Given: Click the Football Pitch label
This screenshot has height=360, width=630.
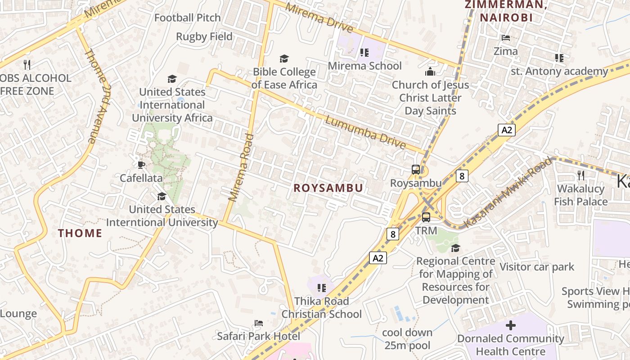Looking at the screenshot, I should [x=188, y=18].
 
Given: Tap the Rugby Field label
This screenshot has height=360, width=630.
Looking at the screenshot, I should [x=204, y=37].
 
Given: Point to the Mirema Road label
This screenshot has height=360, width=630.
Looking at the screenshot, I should [x=241, y=167].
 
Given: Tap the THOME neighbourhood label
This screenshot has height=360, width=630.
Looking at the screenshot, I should [x=80, y=233].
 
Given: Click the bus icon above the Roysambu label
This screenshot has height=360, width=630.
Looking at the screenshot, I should [x=416, y=170].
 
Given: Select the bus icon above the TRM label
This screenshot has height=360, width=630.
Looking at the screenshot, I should [x=426, y=217].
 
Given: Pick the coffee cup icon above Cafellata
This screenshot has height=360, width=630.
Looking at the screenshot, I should [x=141, y=165].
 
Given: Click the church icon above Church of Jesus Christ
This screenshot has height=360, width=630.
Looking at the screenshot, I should [x=430, y=72].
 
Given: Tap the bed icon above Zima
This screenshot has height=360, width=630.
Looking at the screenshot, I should [x=506, y=38].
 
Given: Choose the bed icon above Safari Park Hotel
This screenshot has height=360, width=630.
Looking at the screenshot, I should [x=258, y=323].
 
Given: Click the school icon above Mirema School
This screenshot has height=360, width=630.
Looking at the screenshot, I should [x=364, y=53].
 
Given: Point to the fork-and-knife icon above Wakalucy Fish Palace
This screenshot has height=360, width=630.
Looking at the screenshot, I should [x=581, y=175].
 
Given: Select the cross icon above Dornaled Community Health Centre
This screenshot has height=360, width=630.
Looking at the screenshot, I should [x=510, y=325].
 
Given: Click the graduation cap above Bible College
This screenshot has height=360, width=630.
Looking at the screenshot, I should [x=284, y=58].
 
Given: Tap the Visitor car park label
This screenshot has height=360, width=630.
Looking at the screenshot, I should [x=537, y=267].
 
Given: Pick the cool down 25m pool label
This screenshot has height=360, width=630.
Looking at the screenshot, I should [x=407, y=339].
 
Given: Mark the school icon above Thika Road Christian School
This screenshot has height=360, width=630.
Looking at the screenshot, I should [x=321, y=288].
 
